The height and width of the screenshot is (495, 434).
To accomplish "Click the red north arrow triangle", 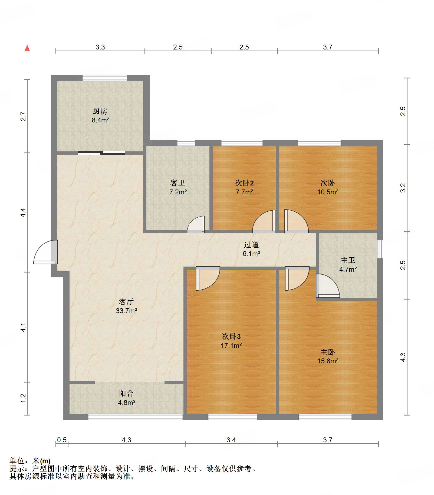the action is tap(27, 48).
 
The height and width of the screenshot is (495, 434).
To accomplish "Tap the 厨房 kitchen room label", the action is tap(100, 111).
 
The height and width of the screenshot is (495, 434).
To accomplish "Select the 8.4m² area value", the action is tap(100, 120).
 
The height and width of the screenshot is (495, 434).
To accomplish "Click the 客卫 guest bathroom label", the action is tap(178, 183).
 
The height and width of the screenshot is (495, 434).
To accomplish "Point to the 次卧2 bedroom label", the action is tap(244, 183).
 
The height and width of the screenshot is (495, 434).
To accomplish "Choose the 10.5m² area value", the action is tap(328, 192).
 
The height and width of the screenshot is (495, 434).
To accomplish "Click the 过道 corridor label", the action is tap(251, 245).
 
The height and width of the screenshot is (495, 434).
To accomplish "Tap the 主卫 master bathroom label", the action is tap(348, 260).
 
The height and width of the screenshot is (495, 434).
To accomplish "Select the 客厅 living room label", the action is tap(126, 302).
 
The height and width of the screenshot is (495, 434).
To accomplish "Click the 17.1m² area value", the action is tap(231, 345).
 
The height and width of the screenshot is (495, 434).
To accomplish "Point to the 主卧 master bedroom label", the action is tap(328, 352).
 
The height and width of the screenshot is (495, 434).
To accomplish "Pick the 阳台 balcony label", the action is tap(126, 394).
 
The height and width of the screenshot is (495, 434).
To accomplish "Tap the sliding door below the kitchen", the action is tap(101, 153).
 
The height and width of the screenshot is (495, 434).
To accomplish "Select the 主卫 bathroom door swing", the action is tap(328, 286).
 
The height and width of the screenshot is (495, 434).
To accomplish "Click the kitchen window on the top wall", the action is tap(105, 78).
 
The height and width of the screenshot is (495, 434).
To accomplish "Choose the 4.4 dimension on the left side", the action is tap(23, 212).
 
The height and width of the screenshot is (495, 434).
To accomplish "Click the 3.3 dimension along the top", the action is tap(100, 47).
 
